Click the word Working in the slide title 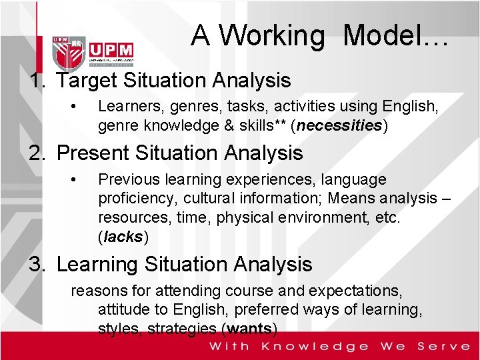pos(273,36)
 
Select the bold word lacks pos(123,237)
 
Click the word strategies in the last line pos(184,329)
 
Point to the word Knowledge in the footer pos(315,346)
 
